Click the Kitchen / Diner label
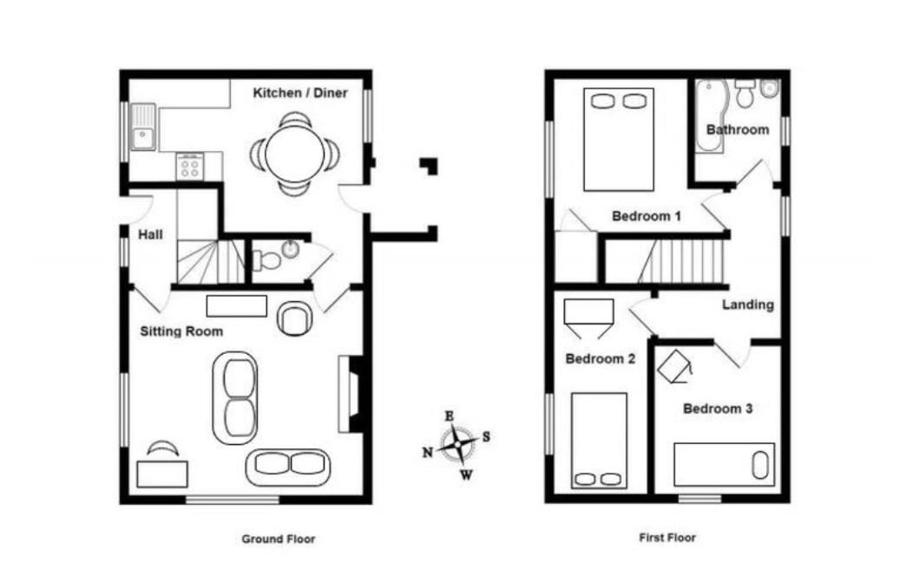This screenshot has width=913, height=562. (300, 93)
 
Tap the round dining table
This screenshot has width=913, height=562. (294, 154)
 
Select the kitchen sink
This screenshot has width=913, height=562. (143, 127)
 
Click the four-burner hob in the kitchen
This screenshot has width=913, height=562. (190, 167)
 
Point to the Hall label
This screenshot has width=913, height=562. (150, 235)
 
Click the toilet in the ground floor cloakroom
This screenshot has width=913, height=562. (266, 260)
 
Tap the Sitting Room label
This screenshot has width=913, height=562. (181, 331)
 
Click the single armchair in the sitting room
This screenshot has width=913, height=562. (294, 318)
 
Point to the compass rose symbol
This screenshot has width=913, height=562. (457, 444)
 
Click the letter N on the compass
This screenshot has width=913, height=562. (427, 453)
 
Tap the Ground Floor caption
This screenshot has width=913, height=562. (279, 539)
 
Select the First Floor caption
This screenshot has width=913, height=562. (667, 538)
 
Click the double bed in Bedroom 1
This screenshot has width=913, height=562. (619, 140)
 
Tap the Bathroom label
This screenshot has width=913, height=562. (737, 130)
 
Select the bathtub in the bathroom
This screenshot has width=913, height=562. (711, 116)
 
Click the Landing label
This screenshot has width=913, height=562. (748, 305)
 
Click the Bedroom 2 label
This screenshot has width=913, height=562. (601, 359)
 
